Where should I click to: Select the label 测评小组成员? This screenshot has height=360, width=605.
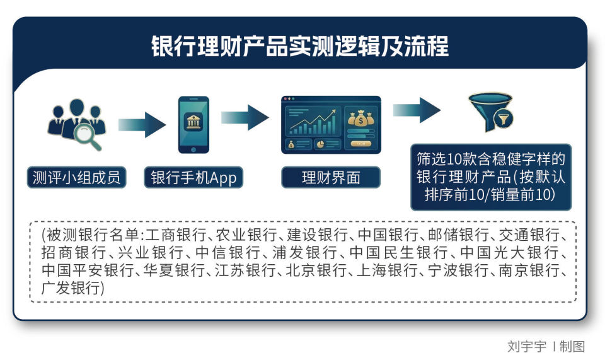click(76, 178)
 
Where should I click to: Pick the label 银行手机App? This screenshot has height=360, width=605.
click(193, 178)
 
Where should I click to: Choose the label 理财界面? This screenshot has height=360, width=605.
click(331, 178)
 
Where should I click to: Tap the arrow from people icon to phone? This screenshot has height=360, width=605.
click(141, 124)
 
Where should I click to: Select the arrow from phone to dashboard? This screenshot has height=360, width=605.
click(245, 117)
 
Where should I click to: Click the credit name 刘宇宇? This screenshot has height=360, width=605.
click(527, 346)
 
